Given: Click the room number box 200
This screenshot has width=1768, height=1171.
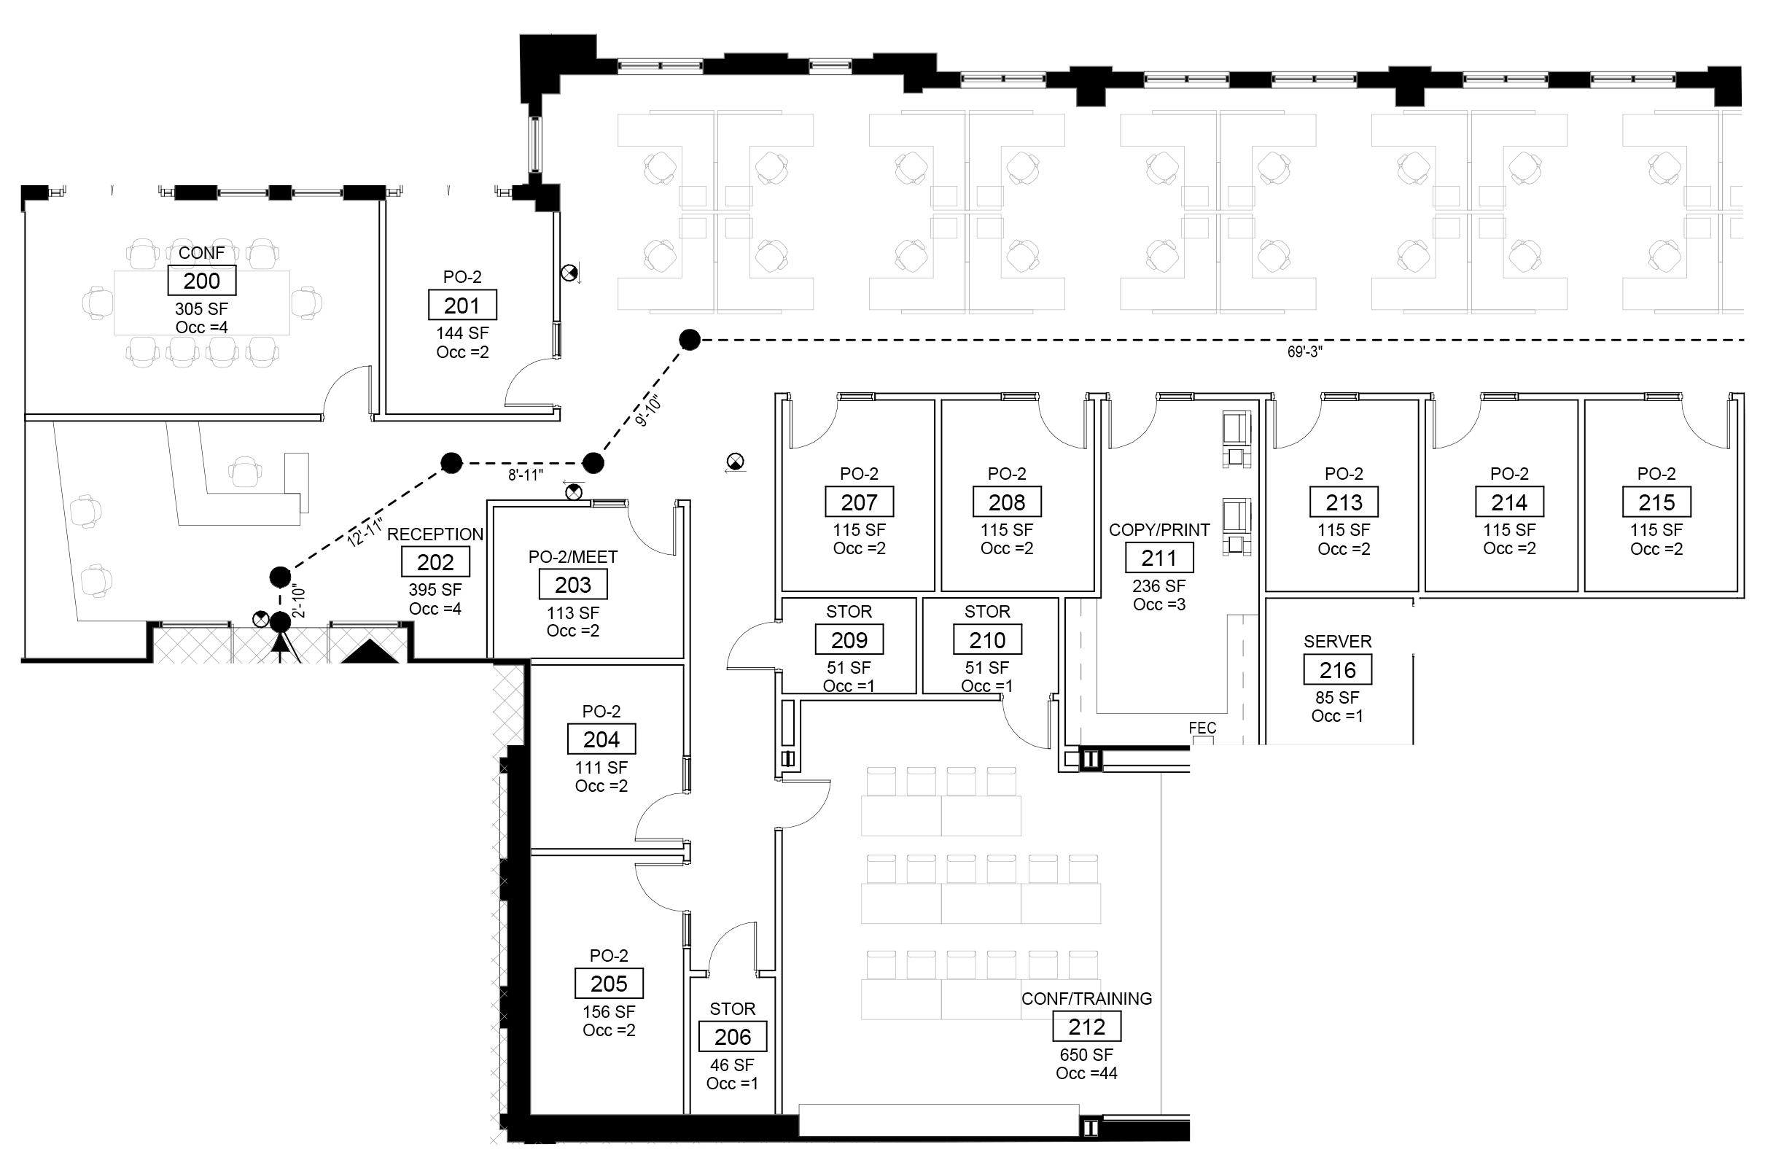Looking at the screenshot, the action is [x=201, y=281].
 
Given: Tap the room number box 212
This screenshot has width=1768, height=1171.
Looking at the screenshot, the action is [x=1086, y=1027].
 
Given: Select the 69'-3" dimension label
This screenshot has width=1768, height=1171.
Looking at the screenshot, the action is [x=1304, y=352].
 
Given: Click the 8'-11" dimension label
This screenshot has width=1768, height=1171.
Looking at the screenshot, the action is [x=526, y=475].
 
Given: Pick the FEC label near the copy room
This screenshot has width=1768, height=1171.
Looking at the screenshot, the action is [x=1202, y=728].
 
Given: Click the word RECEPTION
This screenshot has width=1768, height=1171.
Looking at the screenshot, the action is [x=435, y=534].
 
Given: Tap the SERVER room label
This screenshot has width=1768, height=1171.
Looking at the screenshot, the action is [x=1337, y=642].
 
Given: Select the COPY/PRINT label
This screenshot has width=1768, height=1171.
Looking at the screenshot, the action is [x=1158, y=530].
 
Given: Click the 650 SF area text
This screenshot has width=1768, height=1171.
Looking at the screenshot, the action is [x=1086, y=1055].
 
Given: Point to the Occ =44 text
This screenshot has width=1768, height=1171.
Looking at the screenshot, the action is [x=1086, y=1073].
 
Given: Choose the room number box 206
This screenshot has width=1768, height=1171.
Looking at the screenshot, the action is [x=733, y=1038].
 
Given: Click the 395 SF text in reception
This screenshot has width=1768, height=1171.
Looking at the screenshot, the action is [x=435, y=590].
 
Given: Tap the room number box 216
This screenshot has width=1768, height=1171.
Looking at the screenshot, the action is [x=1337, y=670].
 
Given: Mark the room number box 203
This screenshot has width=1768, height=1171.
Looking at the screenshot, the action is [x=572, y=585].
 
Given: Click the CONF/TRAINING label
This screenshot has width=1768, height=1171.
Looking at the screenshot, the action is [x=1086, y=998].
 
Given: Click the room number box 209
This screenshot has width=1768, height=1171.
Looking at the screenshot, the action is [x=849, y=640].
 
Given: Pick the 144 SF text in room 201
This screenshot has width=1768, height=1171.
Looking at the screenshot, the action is [x=462, y=333].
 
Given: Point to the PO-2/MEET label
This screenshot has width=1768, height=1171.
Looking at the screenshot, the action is [x=572, y=557].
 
